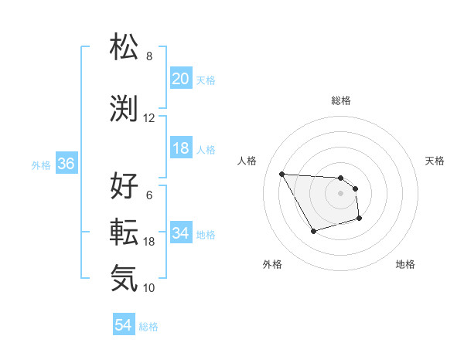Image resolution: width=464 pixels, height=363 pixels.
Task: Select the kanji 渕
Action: (125, 108)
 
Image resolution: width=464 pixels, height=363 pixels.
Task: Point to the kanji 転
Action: (125, 231)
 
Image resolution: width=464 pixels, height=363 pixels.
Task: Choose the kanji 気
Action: (125, 278)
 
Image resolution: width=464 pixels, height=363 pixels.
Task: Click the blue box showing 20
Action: (181, 79)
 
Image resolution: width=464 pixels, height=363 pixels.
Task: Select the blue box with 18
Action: (181, 149)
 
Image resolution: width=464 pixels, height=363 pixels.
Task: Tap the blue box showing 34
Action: (181, 233)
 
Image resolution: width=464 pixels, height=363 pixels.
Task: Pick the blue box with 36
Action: (66, 165)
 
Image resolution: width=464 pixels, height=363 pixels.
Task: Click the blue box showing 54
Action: (123, 325)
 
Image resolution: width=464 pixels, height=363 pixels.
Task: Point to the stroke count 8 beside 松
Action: (148, 56)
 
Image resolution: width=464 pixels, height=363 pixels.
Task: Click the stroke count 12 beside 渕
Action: (148, 118)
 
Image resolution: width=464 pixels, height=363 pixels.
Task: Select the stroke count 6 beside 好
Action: (148, 195)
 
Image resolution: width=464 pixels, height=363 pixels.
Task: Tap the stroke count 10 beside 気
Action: (148, 288)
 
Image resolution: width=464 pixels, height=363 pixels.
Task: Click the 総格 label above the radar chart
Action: (340, 100)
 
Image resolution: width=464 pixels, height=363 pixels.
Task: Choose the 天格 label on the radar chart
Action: (435, 161)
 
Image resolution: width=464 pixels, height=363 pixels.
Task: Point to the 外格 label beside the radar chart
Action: (272, 264)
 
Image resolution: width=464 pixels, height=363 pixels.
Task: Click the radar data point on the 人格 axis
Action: (281, 174)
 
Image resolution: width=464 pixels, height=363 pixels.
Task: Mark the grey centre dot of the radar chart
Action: (340, 193)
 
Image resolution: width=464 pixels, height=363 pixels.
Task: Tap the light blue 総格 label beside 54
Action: (148, 327)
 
